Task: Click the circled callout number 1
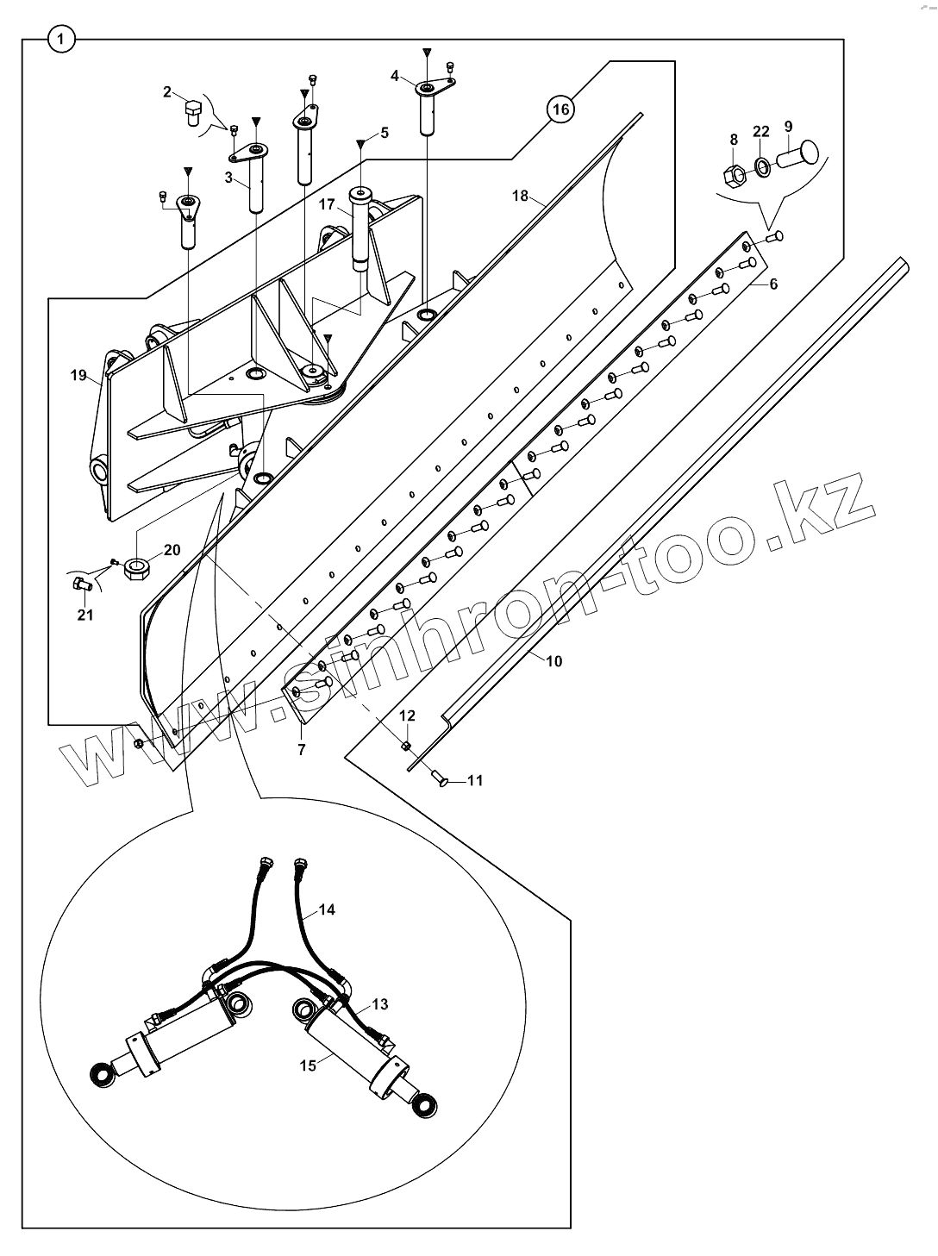(x=61, y=39)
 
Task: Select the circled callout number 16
(x=560, y=109)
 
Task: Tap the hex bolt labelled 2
(x=192, y=112)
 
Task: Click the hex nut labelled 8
(x=735, y=176)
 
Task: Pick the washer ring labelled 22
(x=763, y=166)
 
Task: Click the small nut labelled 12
(x=406, y=744)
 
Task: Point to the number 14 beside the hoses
(x=327, y=909)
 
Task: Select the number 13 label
(x=380, y=1004)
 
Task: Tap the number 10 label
(x=553, y=661)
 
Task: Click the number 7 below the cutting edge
(x=301, y=750)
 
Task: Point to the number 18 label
(x=520, y=196)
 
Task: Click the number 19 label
(x=78, y=375)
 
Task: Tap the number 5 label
(x=385, y=133)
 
